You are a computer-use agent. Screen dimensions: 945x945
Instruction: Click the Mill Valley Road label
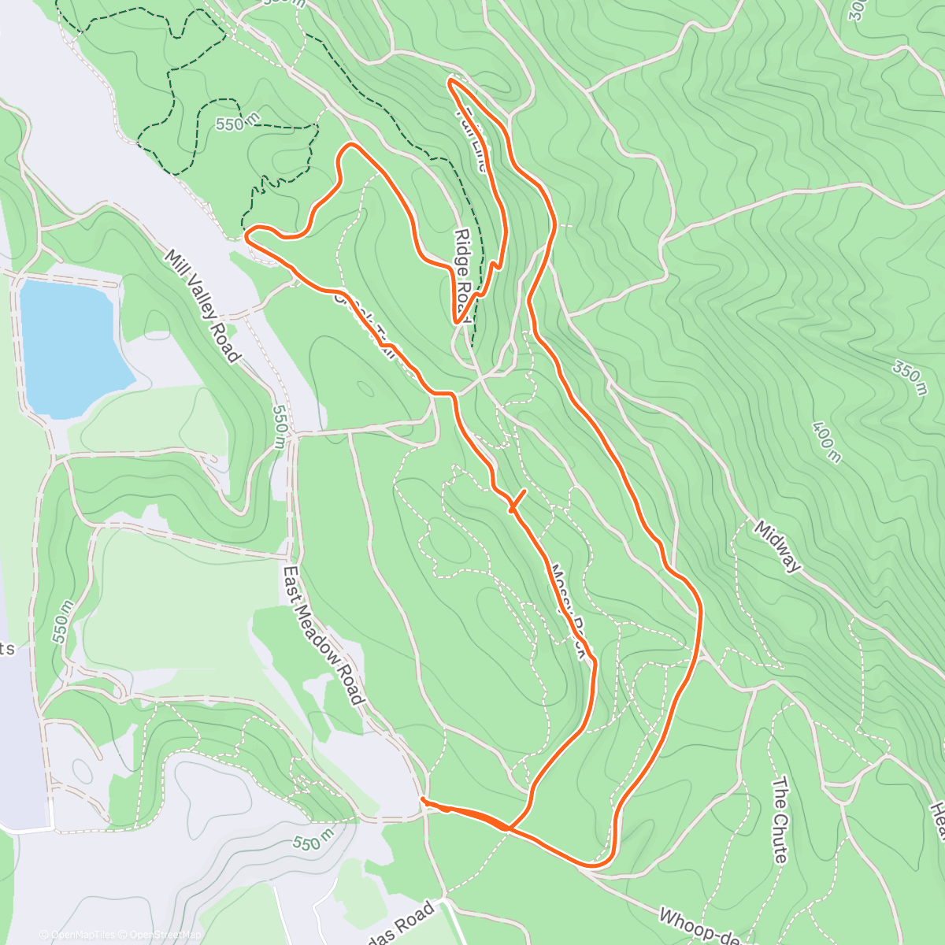pos(202,306)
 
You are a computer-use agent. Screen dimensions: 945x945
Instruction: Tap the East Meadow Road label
pos(324,635)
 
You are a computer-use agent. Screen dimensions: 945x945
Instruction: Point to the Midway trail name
pos(778,545)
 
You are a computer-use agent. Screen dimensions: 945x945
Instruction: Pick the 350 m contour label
pos(910,372)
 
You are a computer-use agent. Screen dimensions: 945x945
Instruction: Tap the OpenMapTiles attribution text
pos(77,935)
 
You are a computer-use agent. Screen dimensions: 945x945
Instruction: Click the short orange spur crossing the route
pos(517,501)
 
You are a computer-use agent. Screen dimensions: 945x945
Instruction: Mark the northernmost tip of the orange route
pos(450,80)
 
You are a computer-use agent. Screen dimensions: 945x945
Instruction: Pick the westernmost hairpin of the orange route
pos(248,234)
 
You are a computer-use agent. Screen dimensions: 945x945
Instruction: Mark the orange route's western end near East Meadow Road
pos(424,800)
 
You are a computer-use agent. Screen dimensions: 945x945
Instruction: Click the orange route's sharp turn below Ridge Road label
pos(457,321)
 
